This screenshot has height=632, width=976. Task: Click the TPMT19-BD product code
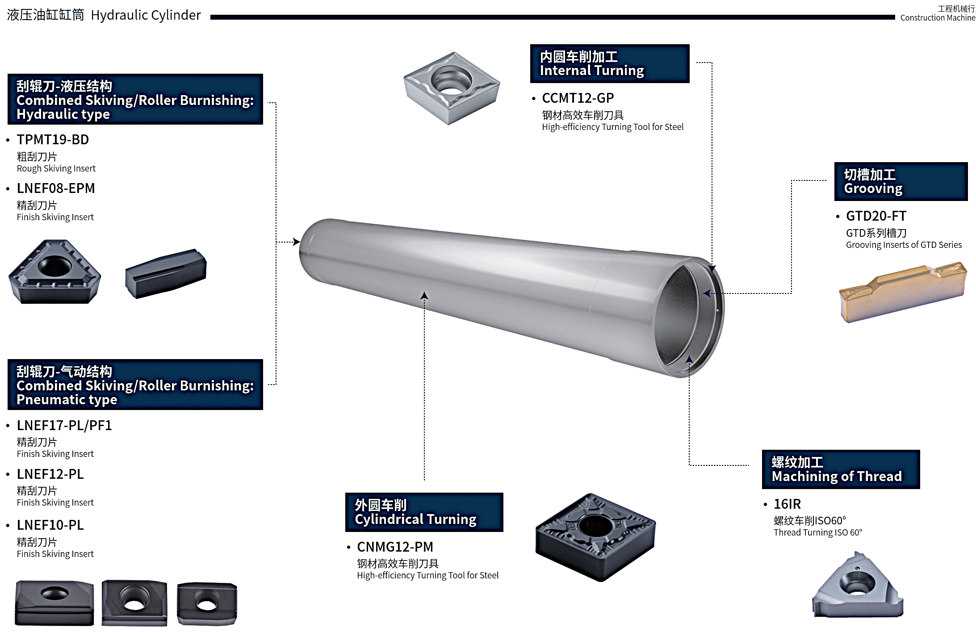pos(53,140)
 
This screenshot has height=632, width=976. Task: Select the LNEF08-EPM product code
pos(56,188)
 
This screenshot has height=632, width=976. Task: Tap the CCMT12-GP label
pos(578,98)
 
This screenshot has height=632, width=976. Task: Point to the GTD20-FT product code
pos(876,216)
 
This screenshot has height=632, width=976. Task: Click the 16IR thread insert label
pos(787,504)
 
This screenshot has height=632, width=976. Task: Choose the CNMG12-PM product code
pos(395,547)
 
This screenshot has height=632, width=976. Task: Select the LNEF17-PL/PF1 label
pos(64,425)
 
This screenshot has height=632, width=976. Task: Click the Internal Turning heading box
pos(609,63)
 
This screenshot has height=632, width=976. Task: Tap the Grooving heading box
pos(901,181)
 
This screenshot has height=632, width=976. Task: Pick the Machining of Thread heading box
pos(840,469)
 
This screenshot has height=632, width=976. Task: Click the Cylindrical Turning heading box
pos(424,512)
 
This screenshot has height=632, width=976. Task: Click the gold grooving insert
pos(902,291)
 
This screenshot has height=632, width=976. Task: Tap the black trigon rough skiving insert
pos(54,272)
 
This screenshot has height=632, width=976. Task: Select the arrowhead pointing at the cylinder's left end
pos(296,242)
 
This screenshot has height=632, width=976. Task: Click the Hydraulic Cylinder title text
pos(146,15)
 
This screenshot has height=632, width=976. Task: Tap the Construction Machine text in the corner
pos(937,18)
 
